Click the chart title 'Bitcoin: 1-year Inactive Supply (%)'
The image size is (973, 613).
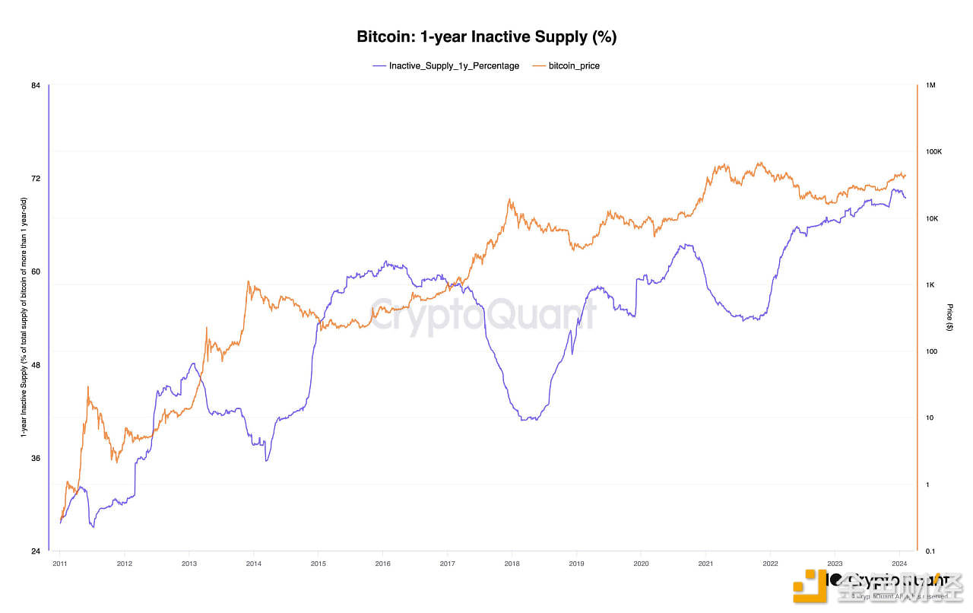pos(486,37)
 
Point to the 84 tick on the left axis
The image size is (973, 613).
pos(36,85)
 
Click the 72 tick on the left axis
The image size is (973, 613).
pos(36,179)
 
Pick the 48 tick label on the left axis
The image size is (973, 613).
pos(36,365)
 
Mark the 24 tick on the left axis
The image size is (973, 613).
pos(36,551)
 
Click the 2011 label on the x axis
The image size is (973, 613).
pos(59,564)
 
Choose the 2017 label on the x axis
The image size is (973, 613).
pos(447,564)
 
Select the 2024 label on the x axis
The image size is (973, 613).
pos(899,564)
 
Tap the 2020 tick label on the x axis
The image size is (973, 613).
pos(641,564)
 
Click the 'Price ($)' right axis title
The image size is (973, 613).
pos(949,317)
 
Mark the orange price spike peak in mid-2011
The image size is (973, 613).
pos(88,387)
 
